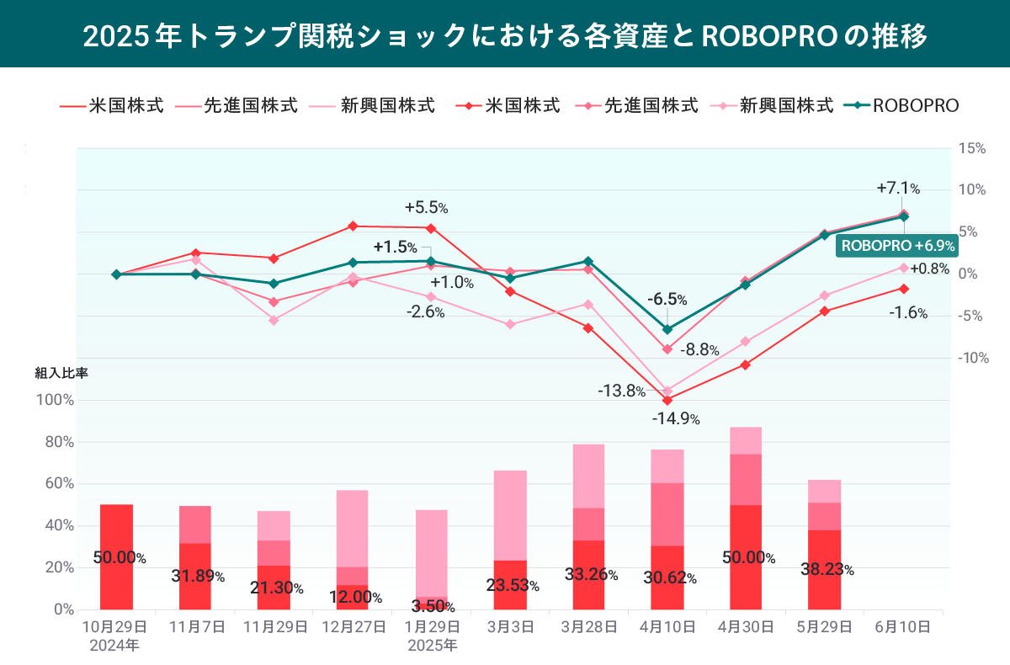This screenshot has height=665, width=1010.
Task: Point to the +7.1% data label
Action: pyautogui.click(x=898, y=188)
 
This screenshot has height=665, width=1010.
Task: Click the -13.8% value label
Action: pyautogui.click(x=622, y=391)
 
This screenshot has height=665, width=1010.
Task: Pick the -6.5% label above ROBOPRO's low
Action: pyautogui.click(x=667, y=299)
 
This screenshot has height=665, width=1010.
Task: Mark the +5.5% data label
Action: pyautogui.click(x=426, y=206)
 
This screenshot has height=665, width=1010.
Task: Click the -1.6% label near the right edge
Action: pyautogui.click(x=908, y=313)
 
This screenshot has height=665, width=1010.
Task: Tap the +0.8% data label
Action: pyautogui.click(x=929, y=269)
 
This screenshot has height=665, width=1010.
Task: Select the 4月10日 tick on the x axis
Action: pyautogui.click(x=667, y=627)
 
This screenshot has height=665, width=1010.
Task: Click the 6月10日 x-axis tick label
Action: pyautogui.click(x=903, y=627)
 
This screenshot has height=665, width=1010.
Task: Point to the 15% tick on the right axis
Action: pyautogui.click(x=971, y=149)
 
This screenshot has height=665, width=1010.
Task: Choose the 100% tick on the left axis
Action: pyautogui.click(x=56, y=400)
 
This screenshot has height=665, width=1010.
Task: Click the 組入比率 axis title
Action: pyautogui.click(x=61, y=373)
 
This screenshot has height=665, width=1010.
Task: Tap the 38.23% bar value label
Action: pyautogui.click(x=827, y=569)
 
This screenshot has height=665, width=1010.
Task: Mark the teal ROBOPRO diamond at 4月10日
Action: pyautogui.click(x=667, y=329)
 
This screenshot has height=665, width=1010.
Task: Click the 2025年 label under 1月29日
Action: pyautogui.click(x=432, y=646)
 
